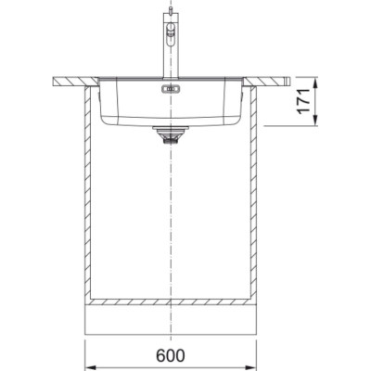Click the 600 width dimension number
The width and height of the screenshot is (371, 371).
tap(171, 355)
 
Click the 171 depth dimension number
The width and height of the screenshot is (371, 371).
tap(303, 101)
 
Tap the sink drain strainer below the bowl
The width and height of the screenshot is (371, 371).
tap(171, 134)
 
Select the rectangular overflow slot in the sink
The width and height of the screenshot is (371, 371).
tap(171, 89)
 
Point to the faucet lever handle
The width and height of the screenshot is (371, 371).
tap(171, 33)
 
